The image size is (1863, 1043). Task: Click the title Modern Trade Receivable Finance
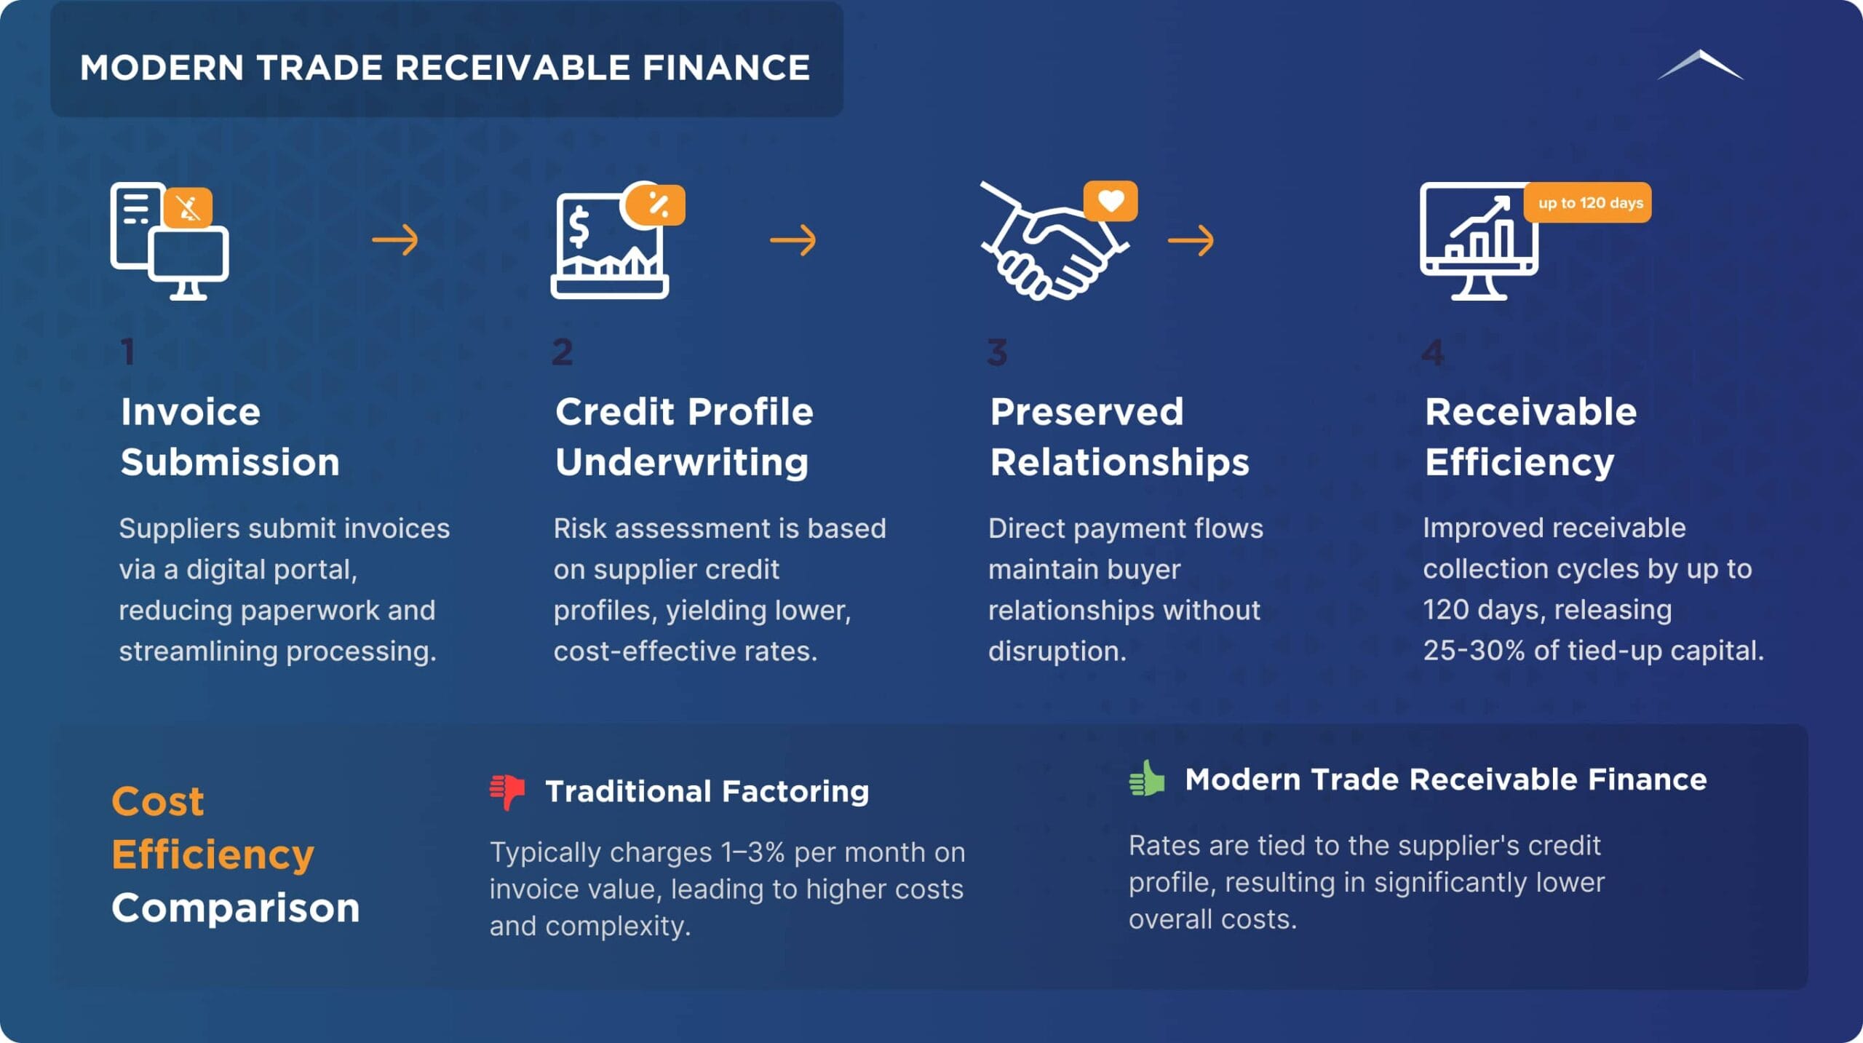[445, 68]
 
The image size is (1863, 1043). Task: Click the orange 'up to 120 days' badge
[1588, 202]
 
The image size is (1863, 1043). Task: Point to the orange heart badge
[1111, 200]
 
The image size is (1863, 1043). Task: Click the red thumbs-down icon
[507, 792]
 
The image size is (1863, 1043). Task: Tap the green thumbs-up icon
[1147, 778]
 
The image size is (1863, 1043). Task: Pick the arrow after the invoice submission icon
[395, 240]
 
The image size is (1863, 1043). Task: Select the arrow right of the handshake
[1191, 240]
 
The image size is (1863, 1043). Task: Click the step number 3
[997, 352]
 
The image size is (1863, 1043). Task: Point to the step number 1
[128, 352]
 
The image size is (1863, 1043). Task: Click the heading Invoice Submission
[230, 437]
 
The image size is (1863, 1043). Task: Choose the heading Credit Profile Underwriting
[684, 437]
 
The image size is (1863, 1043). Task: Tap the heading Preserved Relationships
[1119, 437]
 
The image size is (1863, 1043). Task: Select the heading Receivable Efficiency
[1530, 437]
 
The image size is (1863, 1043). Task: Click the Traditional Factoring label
[707, 791]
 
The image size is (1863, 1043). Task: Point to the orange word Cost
[158, 801]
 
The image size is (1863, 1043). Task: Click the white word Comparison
[236, 908]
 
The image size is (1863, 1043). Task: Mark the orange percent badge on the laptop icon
[656, 205]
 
